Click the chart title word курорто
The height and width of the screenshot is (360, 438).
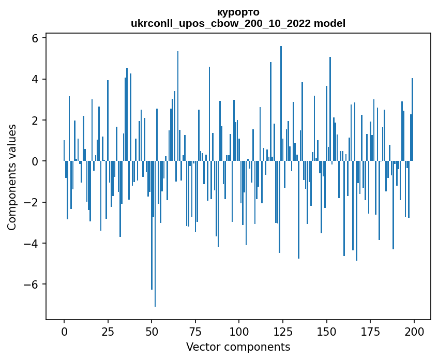point(238,12)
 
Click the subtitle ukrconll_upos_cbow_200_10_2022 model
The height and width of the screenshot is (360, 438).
point(238,23)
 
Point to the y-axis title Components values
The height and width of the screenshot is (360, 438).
point(11,177)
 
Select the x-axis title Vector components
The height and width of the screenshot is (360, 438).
point(238,347)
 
